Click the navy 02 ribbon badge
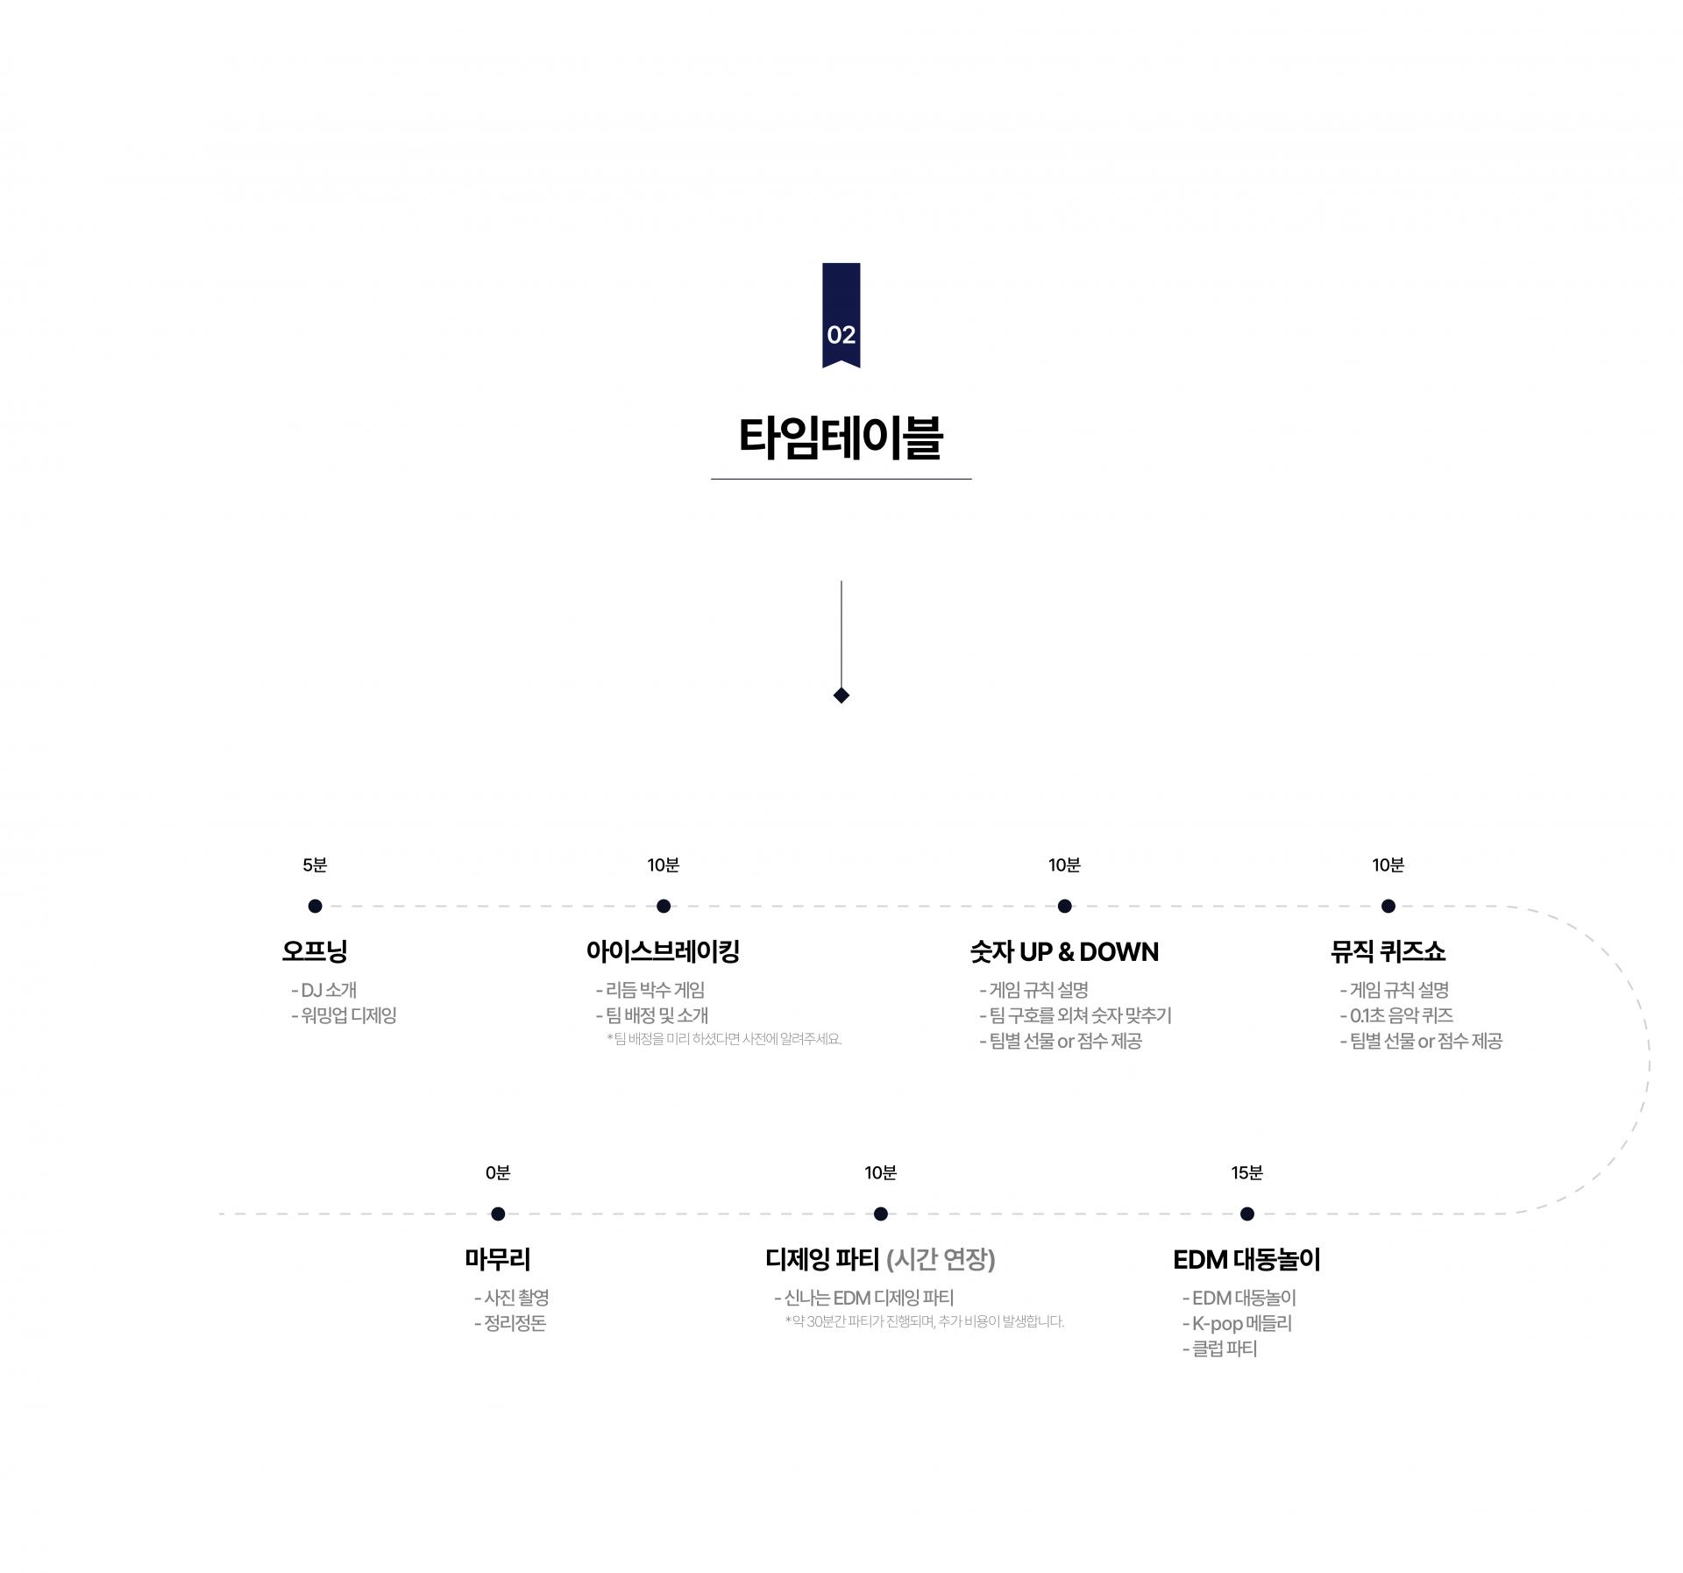(x=841, y=315)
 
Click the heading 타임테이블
(x=841, y=438)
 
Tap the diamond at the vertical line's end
(x=841, y=695)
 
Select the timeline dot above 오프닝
(x=315, y=906)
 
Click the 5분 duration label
(x=315, y=865)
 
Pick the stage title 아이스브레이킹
(x=664, y=951)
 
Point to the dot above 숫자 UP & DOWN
(x=1064, y=906)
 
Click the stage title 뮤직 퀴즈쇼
(x=1388, y=951)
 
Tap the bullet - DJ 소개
(x=323, y=990)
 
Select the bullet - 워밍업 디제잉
(x=344, y=1015)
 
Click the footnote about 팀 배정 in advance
(x=724, y=1039)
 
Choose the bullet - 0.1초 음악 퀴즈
(x=1396, y=1015)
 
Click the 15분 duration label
(x=1246, y=1173)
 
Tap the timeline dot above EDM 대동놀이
(x=1247, y=1214)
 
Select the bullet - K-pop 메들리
(x=1237, y=1323)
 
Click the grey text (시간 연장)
(x=941, y=1260)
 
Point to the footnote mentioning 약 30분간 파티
(x=925, y=1321)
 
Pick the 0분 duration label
(x=498, y=1173)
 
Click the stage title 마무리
(x=498, y=1260)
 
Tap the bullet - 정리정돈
(x=510, y=1323)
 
